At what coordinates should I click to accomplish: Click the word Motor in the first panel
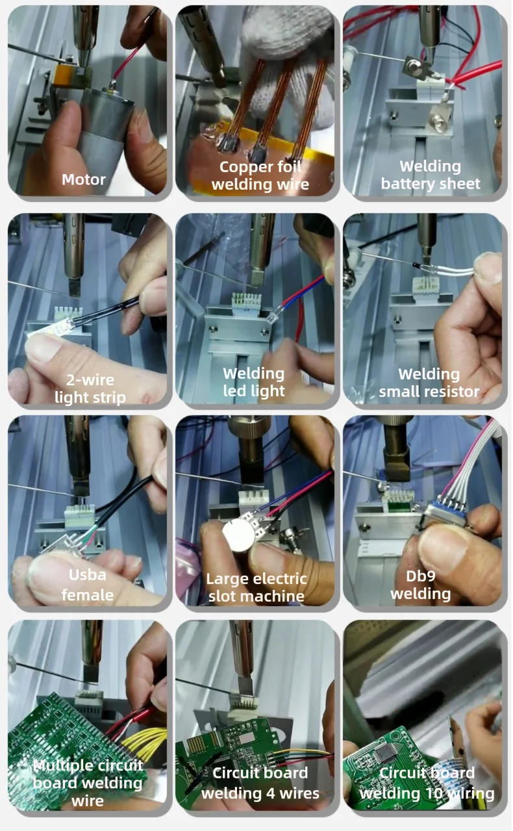84,179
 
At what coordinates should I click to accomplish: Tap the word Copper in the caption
242,168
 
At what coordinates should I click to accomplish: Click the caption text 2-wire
90,380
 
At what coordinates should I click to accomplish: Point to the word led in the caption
234,390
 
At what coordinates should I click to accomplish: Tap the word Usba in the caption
88,575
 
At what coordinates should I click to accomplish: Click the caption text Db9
420,576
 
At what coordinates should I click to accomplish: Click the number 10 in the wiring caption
434,793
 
